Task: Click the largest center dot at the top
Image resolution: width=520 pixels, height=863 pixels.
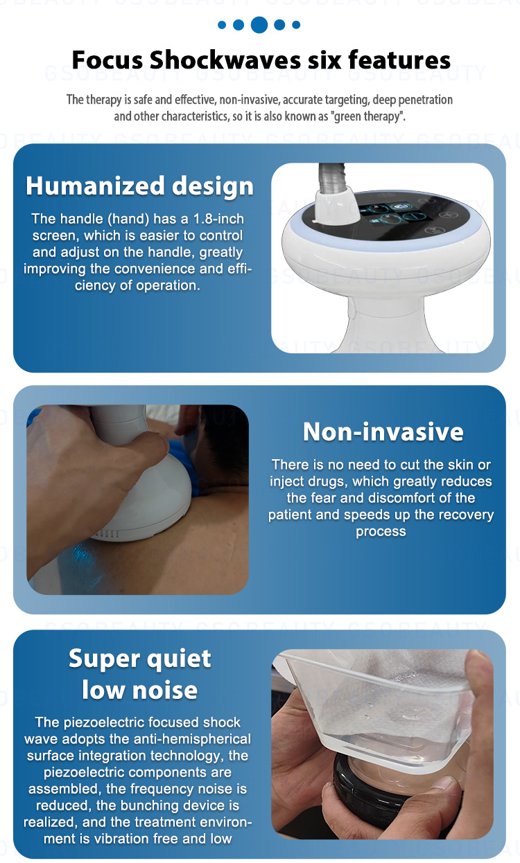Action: pyautogui.click(x=259, y=25)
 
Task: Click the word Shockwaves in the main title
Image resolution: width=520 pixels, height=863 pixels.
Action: pyautogui.click(x=225, y=60)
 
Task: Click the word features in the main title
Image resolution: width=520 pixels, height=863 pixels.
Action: pyautogui.click(x=399, y=60)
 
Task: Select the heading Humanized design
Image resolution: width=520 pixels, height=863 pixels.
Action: pyautogui.click(x=139, y=186)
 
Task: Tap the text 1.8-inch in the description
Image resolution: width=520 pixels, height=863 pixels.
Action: pyautogui.click(x=218, y=219)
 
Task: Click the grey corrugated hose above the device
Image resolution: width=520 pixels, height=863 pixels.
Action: pyautogui.click(x=331, y=178)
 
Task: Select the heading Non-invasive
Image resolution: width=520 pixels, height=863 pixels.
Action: pyautogui.click(x=383, y=431)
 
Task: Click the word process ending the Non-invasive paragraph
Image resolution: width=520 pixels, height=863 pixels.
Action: pyautogui.click(x=381, y=532)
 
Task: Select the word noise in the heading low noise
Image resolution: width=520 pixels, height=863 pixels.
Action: pyautogui.click(x=165, y=690)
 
